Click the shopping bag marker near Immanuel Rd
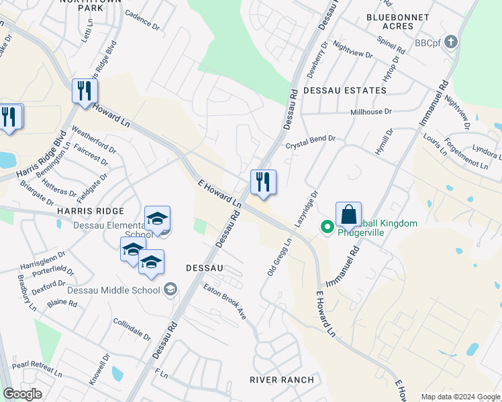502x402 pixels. point(348,216)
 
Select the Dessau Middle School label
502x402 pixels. point(113,290)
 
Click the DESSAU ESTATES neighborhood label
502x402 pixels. point(345,90)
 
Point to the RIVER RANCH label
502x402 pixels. point(282,380)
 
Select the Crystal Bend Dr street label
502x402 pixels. point(310,142)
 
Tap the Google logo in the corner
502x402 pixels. point(22,393)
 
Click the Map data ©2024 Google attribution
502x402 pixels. point(460,397)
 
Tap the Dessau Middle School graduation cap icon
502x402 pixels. point(170,289)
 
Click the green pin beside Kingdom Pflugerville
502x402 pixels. point(328,228)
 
